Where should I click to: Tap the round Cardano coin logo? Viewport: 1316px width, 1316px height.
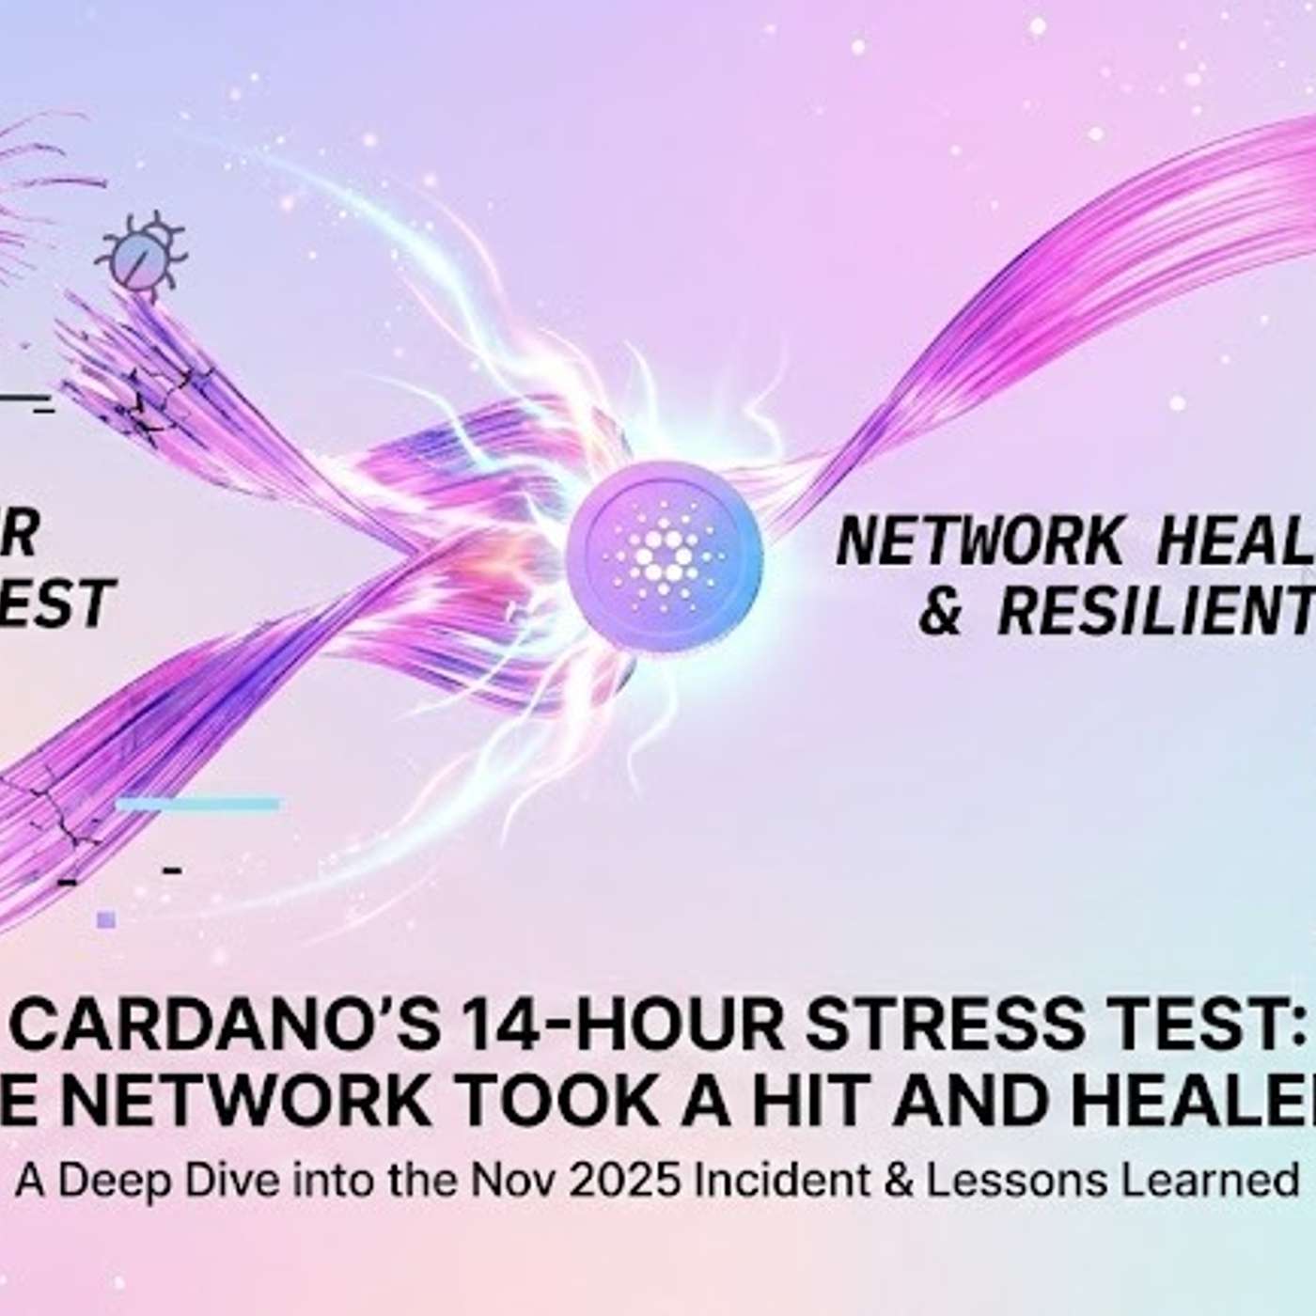tap(664, 558)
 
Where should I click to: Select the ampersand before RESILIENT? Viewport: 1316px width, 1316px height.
tap(939, 610)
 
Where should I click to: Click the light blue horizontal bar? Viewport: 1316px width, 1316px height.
tap(198, 804)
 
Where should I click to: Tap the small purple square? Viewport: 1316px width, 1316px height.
tap(106, 919)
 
